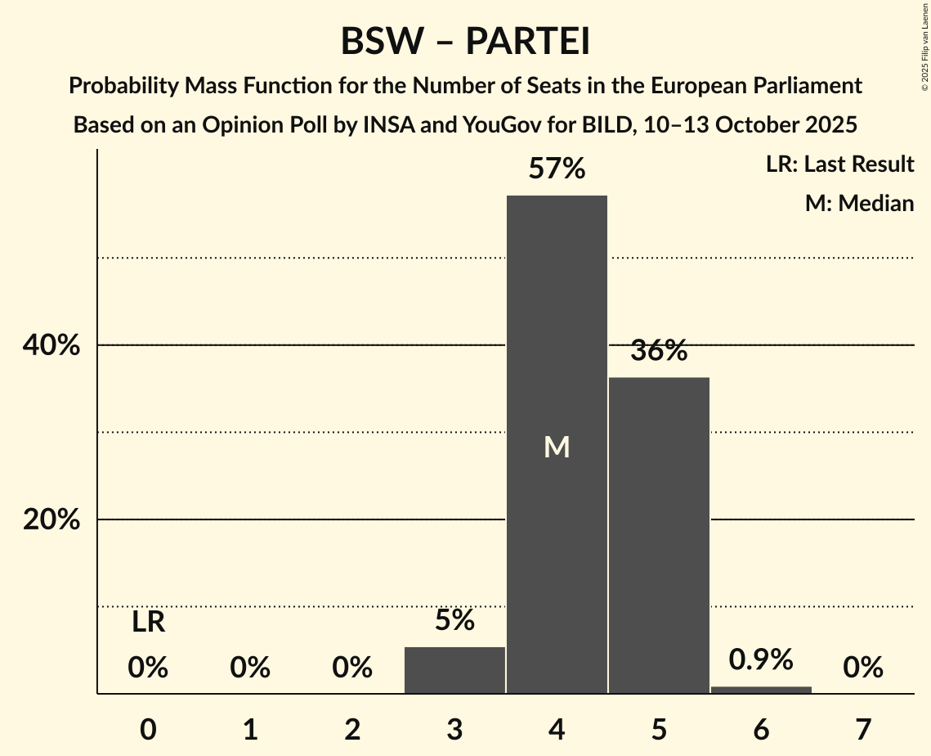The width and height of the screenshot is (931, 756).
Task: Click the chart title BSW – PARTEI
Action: [x=465, y=42]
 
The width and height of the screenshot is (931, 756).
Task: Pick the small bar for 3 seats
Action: [x=454, y=670]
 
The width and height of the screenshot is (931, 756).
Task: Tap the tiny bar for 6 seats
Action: [x=761, y=690]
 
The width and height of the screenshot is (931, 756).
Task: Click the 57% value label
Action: [x=557, y=169]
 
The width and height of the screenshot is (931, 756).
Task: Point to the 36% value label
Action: [x=659, y=351]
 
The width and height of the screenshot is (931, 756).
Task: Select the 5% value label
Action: [x=454, y=620]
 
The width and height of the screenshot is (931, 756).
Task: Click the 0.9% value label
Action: [x=761, y=659]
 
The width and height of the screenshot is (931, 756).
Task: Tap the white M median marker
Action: [x=557, y=447]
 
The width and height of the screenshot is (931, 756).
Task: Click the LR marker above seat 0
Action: [x=148, y=623]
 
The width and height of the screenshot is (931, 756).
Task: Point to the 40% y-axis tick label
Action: [x=51, y=345]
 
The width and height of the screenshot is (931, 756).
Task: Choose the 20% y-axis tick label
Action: [x=51, y=520]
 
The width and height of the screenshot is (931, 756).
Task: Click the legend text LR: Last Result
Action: [x=839, y=164]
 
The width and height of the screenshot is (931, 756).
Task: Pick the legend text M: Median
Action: [x=859, y=203]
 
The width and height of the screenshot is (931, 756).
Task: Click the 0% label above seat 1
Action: [x=250, y=668]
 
